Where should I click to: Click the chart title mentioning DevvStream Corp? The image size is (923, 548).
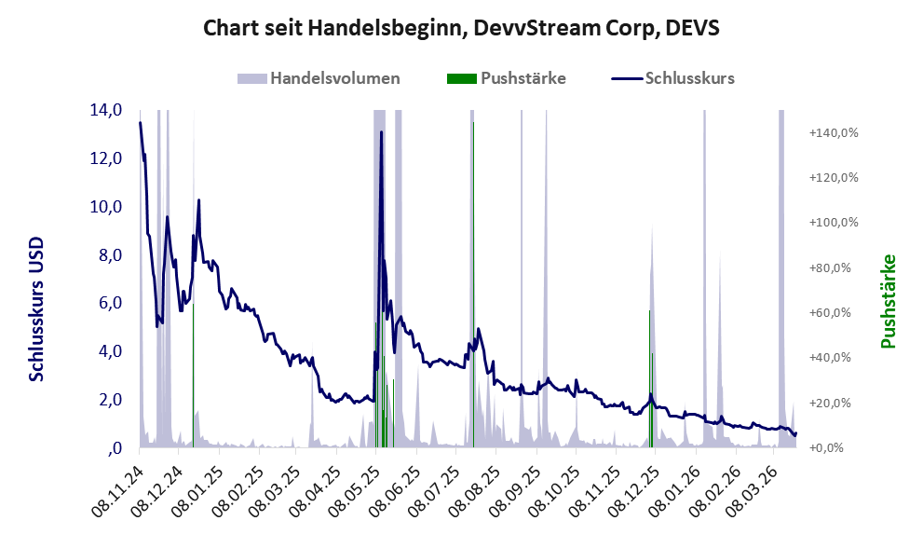coord(461,29)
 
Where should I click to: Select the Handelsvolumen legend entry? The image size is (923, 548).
coord(319,78)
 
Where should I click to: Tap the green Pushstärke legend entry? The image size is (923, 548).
coord(507,78)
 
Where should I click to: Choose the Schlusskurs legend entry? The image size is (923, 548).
coord(673,78)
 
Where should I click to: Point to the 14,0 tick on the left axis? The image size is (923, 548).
coord(106,110)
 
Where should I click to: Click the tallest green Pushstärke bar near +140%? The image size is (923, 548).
coord(473,280)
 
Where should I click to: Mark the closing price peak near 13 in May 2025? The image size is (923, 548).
coord(381,132)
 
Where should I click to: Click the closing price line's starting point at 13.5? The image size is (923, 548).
coord(141,123)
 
